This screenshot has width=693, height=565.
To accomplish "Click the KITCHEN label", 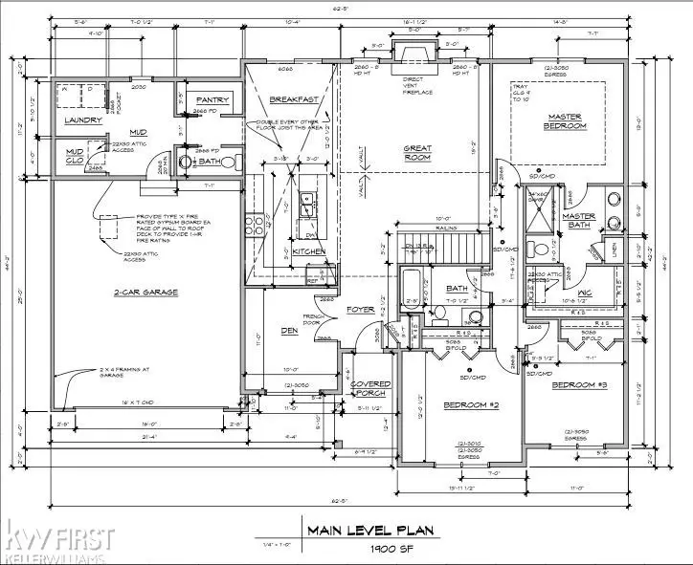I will click(309, 251).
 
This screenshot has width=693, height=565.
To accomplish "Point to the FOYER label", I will click(360, 309).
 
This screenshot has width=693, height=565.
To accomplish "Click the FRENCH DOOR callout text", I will click(312, 319).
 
